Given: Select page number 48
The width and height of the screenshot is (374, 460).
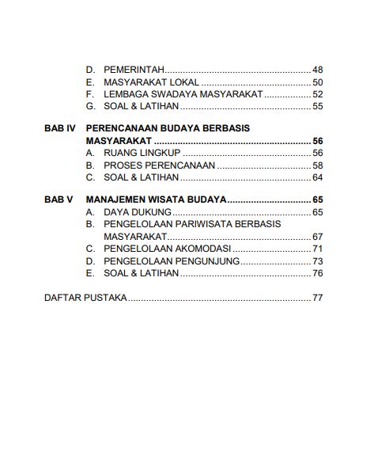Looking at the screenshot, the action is [x=318, y=70].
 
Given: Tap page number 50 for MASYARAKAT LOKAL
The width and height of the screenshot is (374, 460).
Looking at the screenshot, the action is [x=318, y=82].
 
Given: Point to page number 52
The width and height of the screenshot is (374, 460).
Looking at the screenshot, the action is [x=318, y=94].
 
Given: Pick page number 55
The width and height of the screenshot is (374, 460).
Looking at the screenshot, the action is [x=318, y=106].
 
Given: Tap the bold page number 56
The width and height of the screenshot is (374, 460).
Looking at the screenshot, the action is [x=318, y=141].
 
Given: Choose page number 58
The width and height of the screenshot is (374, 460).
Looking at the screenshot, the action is [x=318, y=165].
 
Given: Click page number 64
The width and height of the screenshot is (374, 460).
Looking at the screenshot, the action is [x=318, y=177].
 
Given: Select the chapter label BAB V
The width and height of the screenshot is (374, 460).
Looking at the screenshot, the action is [x=59, y=200].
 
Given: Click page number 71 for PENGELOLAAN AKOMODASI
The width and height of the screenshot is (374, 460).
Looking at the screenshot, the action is [x=318, y=249].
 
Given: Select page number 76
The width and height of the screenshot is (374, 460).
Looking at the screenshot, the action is [x=318, y=273].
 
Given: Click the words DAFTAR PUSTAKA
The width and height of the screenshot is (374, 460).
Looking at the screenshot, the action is [x=85, y=298].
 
